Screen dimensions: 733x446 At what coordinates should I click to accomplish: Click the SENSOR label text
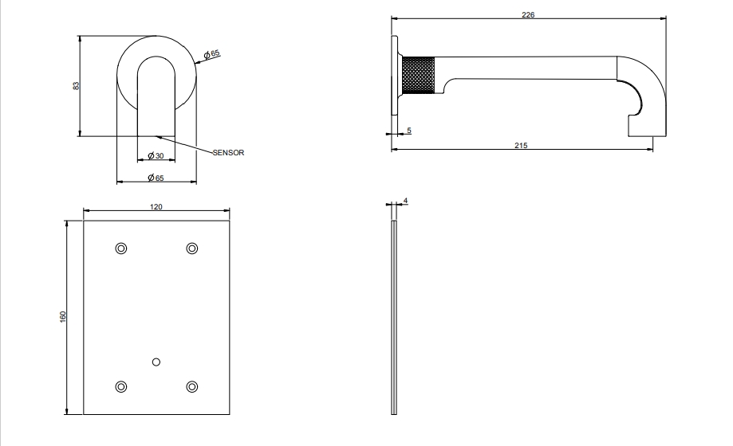click(228, 153)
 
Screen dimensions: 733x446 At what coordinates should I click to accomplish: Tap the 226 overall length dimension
click(528, 14)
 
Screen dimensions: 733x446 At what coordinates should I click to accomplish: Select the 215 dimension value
click(521, 145)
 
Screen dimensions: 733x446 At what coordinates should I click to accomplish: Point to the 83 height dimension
click(77, 85)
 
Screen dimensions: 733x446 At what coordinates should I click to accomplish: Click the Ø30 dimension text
click(156, 155)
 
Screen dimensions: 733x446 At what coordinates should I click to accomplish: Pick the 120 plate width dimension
click(156, 206)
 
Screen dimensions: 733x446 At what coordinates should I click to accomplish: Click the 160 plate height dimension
click(63, 316)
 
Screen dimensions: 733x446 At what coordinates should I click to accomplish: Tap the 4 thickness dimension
click(405, 201)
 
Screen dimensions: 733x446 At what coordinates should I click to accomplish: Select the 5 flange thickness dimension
click(409, 131)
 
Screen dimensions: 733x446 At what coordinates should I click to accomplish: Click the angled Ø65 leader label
click(212, 54)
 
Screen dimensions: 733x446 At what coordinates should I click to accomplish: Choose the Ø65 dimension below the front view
click(156, 178)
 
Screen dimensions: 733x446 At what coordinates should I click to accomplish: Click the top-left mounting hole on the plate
click(121, 248)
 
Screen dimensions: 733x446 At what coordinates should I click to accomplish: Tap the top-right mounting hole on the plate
click(192, 248)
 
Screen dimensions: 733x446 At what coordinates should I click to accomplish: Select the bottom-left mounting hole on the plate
click(121, 387)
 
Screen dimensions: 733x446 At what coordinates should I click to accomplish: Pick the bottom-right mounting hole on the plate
click(192, 387)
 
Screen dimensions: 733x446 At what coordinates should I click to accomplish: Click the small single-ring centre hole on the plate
click(156, 362)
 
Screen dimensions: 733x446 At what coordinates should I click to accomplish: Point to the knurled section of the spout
click(419, 75)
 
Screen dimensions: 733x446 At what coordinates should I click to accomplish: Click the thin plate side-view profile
click(393, 318)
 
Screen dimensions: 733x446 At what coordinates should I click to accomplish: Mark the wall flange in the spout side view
click(395, 75)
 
